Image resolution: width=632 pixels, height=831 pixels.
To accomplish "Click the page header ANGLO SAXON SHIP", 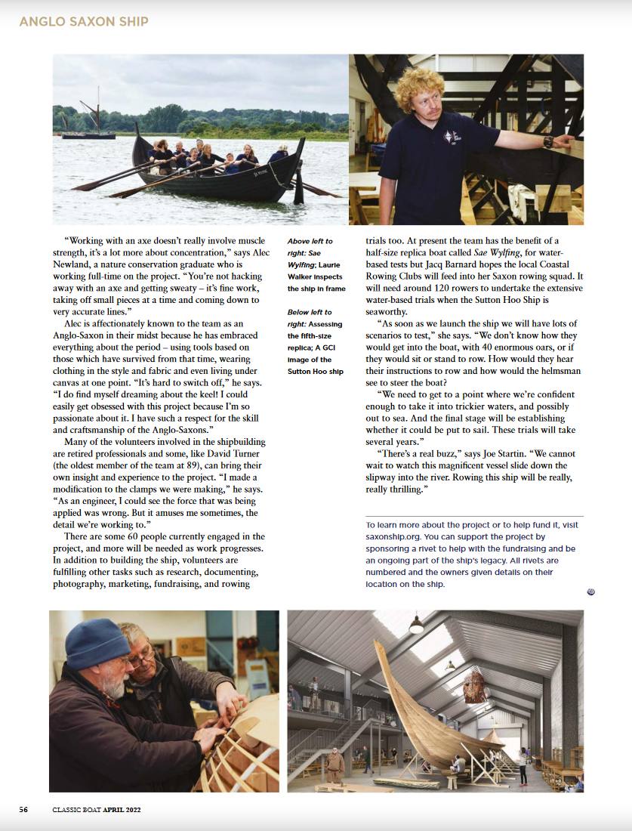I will pos(84,22).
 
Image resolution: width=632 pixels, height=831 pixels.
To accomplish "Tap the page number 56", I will pos(23,810).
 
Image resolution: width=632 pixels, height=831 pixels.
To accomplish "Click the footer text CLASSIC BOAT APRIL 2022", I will pos(96,810).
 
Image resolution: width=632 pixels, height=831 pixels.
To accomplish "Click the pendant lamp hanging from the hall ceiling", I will pos(416,626).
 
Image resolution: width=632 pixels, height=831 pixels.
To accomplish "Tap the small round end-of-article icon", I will pos(590,592).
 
